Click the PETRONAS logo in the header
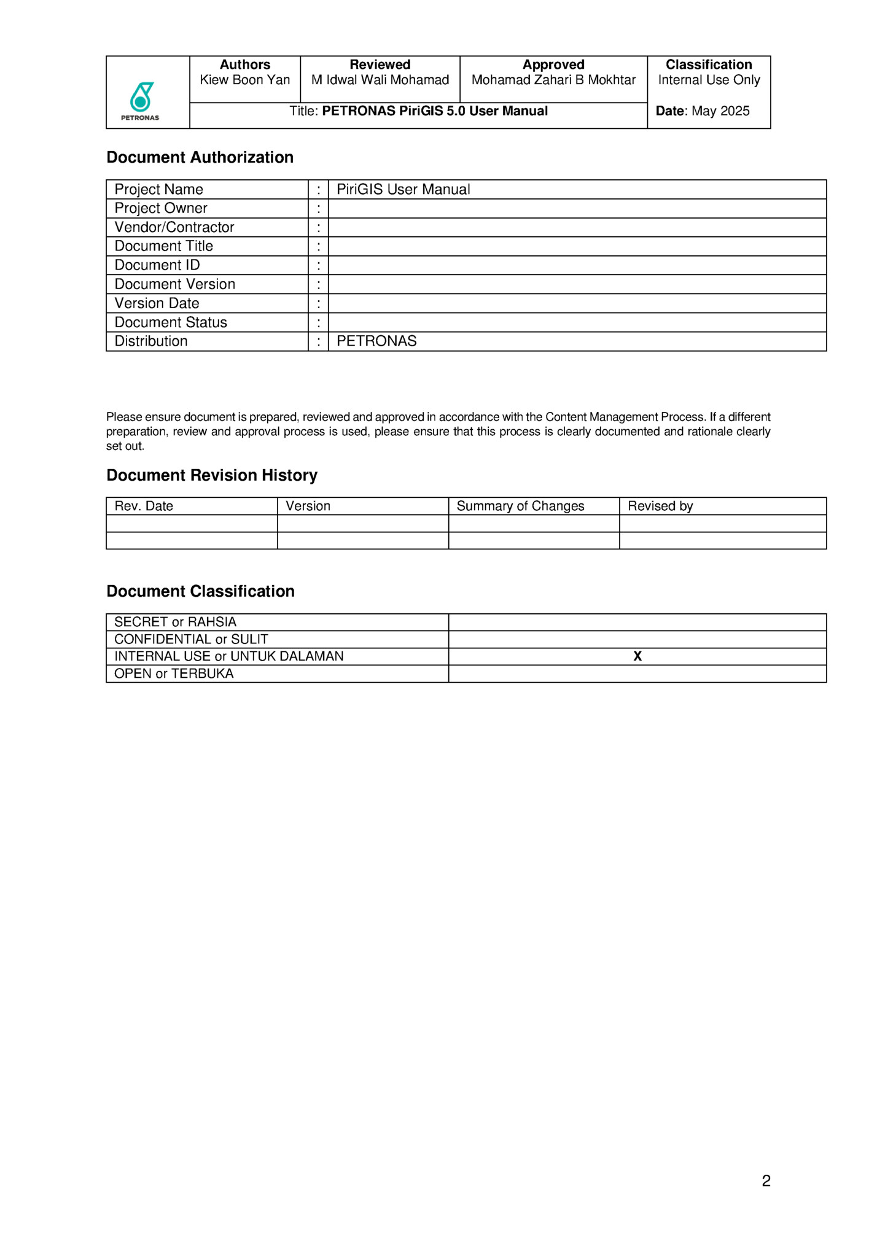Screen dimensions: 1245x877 (x=141, y=100)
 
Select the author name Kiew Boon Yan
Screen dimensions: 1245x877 (x=244, y=80)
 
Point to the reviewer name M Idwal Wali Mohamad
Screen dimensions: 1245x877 (x=380, y=80)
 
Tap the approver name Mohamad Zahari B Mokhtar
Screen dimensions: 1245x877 (x=553, y=80)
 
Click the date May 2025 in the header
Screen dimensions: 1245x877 (x=720, y=111)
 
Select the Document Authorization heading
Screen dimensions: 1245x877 (x=200, y=158)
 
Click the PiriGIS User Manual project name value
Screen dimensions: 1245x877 (x=403, y=190)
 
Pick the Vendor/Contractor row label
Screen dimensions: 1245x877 (x=174, y=228)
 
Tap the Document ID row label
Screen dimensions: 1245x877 (x=157, y=265)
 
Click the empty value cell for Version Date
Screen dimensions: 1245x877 (x=577, y=303)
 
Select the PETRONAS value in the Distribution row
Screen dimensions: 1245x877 (x=376, y=341)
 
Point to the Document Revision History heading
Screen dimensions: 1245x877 (x=212, y=476)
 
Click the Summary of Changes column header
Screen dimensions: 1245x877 (x=520, y=506)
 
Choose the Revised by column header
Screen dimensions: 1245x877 (x=660, y=506)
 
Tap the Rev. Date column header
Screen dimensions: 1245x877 (x=144, y=506)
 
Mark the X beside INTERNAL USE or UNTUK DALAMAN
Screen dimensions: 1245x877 (x=637, y=657)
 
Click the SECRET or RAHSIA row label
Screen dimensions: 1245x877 (x=175, y=622)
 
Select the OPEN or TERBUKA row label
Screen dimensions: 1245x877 (x=174, y=674)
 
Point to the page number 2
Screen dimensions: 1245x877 (x=766, y=1181)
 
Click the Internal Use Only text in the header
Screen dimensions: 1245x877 (x=709, y=80)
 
